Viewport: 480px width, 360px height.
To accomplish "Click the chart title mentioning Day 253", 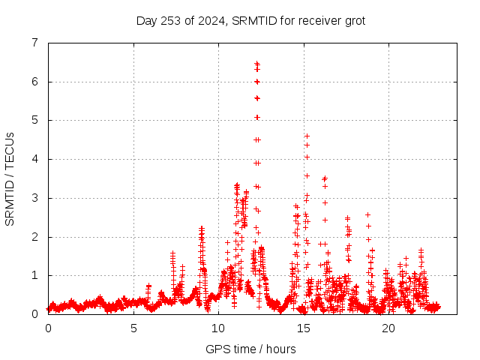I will click(x=250, y=20).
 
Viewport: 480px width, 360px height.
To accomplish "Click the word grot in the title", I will click(x=352, y=21).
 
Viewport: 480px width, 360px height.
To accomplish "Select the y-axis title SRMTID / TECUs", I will click(x=10, y=178).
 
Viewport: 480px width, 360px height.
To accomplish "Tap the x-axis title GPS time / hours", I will click(x=250, y=349).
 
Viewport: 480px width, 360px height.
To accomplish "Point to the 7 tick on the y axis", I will click(x=34, y=43).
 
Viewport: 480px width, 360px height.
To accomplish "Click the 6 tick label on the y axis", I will click(x=34, y=82).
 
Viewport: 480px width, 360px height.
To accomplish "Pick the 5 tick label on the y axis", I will click(x=34, y=120).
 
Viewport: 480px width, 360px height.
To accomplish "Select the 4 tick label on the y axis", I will click(x=34, y=159).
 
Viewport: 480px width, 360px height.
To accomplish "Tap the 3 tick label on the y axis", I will click(x=34, y=198).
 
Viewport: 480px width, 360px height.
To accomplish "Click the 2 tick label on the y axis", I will click(x=34, y=237).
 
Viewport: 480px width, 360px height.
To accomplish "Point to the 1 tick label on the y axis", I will click(x=34, y=275).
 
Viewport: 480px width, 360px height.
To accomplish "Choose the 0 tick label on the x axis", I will click(x=49, y=328).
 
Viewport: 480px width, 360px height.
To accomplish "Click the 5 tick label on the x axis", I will click(x=133, y=328).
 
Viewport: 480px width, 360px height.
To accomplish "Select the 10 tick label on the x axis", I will click(x=218, y=328).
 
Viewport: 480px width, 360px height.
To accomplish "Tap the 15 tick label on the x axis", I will click(x=304, y=328).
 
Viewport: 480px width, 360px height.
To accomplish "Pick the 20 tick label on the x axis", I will click(x=388, y=328).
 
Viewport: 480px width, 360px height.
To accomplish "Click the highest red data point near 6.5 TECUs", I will click(x=256, y=63).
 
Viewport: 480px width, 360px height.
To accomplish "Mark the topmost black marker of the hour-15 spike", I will click(x=307, y=136).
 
